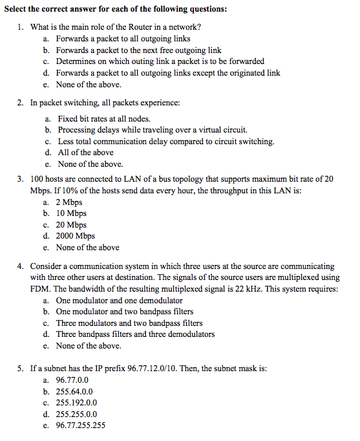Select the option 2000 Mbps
pyautogui.click(x=75, y=236)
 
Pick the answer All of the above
pyautogui.click(x=85, y=153)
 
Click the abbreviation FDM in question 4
pyautogui.click(x=39, y=288)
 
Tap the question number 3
pyautogui.click(x=21, y=178)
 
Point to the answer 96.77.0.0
pyautogui.click(x=72, y=379)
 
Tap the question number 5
pyautogui.click(x=21, y=368)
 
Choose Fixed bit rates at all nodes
pyautogui.click(x=103, y=118)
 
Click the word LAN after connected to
pyautogui.click(x=142, y=178)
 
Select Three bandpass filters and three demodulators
pyautogui.click(x=135, y=334)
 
